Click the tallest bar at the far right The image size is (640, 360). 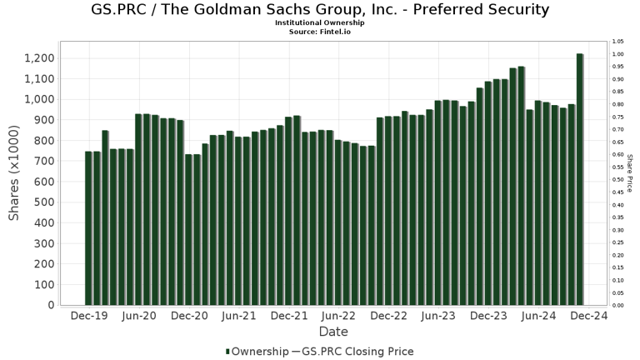tap(580, 179)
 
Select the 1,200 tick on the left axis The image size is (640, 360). tap(39, 58)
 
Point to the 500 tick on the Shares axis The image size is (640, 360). tap(44, 202)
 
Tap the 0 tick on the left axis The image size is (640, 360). tap(51, 306)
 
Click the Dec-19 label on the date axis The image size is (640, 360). tap(87, 317)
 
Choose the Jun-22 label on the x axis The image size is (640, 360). tap(339, 317)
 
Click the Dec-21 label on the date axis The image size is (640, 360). tap(289, 317)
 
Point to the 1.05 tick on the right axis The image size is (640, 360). tap(617, 42)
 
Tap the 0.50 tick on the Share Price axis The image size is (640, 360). tap(617, 180)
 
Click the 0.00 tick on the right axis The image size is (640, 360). tap(617, 306)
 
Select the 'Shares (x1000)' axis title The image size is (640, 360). tap(14, 174)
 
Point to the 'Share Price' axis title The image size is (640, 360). tap(631, 173)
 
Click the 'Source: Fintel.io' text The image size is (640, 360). tap(320, 31)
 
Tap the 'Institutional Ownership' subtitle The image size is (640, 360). tap(320, 23)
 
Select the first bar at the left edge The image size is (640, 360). tap(88, 228)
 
